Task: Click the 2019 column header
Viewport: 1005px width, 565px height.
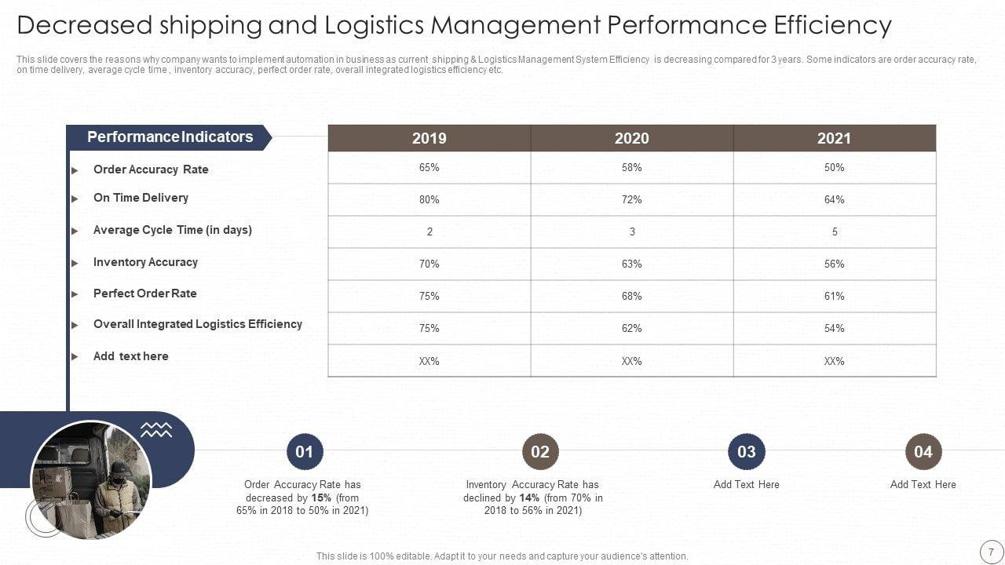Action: click(x=429, y=138)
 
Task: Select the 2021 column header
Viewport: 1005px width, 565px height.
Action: click(x=834, y=138)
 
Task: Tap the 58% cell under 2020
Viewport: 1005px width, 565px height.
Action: click(x=631, y=167)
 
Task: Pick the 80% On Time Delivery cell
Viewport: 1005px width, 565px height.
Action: click(x=429, y=199)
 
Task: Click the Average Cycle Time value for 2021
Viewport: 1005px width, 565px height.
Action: click(x=834, y=231)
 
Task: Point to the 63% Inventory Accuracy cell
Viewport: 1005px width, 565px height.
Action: click(x=631, y=264)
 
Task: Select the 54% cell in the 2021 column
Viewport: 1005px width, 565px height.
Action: click(x=834, y=328)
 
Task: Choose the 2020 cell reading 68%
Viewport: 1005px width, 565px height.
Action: click(x=631, y=296)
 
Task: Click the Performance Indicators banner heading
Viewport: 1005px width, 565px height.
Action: click(x=170, y=137)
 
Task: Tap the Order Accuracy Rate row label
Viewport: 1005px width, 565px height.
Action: click(x=151, y=169)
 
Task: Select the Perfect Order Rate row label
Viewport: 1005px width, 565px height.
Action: click(x=144, y=293)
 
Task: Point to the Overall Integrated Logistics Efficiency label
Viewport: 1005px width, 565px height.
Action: click(x=197, y=323)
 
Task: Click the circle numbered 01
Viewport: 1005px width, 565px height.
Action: click(x=305, y=451)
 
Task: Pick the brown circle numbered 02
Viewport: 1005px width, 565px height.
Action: click(x=540, y=451)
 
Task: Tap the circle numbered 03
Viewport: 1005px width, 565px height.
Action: click(x=746, y=451)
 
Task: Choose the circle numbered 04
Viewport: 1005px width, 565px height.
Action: click(x=923, y=451)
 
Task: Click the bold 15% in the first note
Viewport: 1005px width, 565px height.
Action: click(x=321, y=498)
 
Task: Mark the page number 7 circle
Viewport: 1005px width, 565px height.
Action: click(x=991, y=550)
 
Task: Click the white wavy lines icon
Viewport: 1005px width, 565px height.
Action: click(x=156, y=429)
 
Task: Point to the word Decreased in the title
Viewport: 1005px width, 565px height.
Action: click(x=84, y=25)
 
